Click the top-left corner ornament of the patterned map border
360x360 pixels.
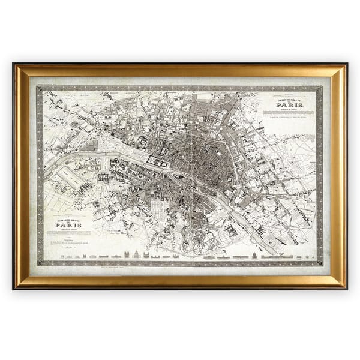(x=40, y=89)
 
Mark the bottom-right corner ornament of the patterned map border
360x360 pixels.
(x=319, y=263)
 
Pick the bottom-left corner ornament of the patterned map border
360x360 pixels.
(x=40, y=263)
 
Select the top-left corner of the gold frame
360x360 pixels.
(x=15, y=65)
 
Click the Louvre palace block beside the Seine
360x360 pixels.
(x=157, y=161)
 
